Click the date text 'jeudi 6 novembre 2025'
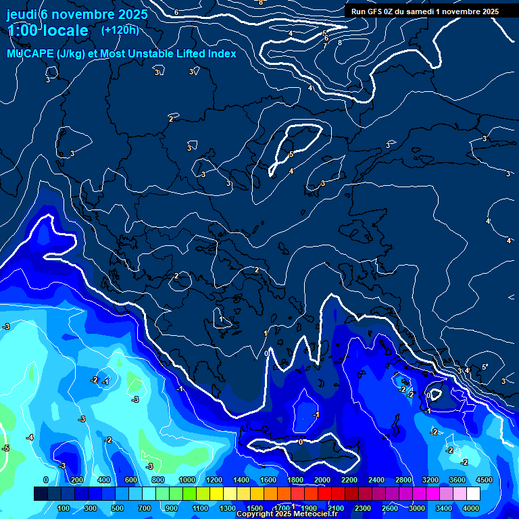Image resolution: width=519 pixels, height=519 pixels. pos(77,14)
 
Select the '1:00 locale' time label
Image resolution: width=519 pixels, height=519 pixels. pos(47,30)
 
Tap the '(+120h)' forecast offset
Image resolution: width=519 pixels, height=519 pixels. pos(120,30)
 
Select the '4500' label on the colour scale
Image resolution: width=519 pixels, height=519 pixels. pos(484,480)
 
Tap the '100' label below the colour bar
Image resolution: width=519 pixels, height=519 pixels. pos(64,508)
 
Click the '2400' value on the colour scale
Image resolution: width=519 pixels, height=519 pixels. pos(376,480)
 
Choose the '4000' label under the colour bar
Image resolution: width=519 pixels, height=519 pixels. pos(471,508)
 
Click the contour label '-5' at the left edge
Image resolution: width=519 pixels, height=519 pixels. pos(5,448)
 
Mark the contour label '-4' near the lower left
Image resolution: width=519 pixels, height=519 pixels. pos(30,438)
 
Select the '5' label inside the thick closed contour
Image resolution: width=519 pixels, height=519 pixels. pos(291,155)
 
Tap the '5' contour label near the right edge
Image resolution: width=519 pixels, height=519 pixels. pos(484,367)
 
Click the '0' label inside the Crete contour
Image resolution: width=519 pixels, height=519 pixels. pos(301,441)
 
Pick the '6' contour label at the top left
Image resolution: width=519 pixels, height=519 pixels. pos(176,12)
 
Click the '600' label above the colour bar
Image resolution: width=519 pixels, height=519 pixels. pos(131,480)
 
